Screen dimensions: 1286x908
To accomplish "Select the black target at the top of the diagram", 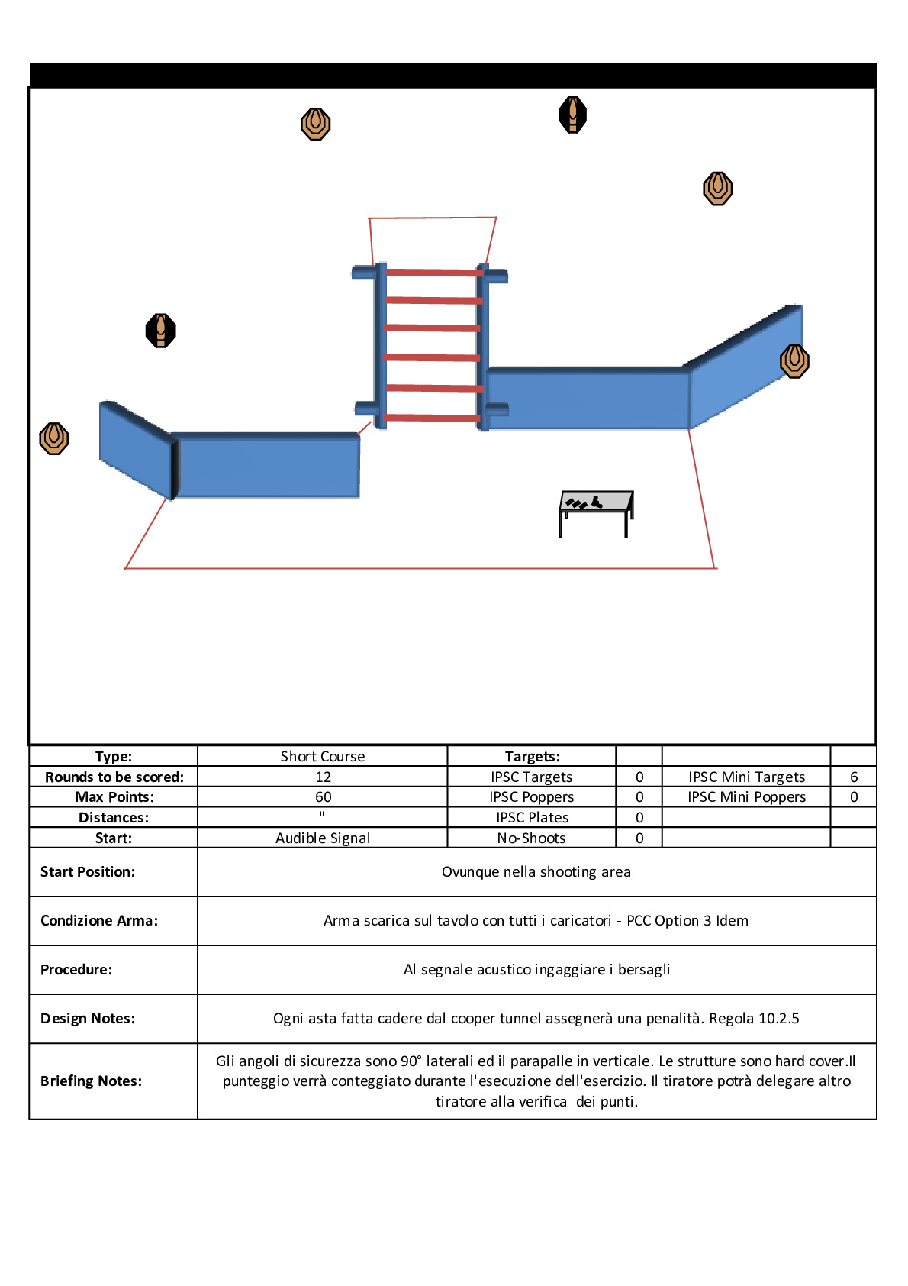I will [572, 115].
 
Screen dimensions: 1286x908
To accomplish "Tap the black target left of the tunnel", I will [160, 331].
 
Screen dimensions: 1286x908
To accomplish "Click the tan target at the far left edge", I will [54, 438].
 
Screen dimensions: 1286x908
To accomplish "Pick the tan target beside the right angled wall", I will [794, 360].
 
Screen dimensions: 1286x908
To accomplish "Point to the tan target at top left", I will [315, 123].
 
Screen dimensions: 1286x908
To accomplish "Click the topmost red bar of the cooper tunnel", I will [434, 272].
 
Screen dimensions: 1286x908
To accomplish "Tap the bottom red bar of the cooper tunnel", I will [432, 418].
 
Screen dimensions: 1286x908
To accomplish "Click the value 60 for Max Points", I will [323, 796].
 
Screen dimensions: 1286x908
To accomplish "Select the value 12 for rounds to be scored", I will [323, 777].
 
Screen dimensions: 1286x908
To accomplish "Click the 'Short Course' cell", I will [323, 756].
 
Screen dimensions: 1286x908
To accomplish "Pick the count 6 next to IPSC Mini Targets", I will [853, 777].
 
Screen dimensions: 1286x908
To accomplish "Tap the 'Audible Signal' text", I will [323, 838].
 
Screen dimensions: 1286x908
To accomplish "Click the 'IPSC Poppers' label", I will [531, 796].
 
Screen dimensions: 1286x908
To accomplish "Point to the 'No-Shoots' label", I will [531, 838].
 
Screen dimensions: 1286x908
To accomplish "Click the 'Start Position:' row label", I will [88, 871].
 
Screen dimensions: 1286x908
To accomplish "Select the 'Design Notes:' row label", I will [88, 1018].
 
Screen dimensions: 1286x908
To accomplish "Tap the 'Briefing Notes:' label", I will [91, 1081].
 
